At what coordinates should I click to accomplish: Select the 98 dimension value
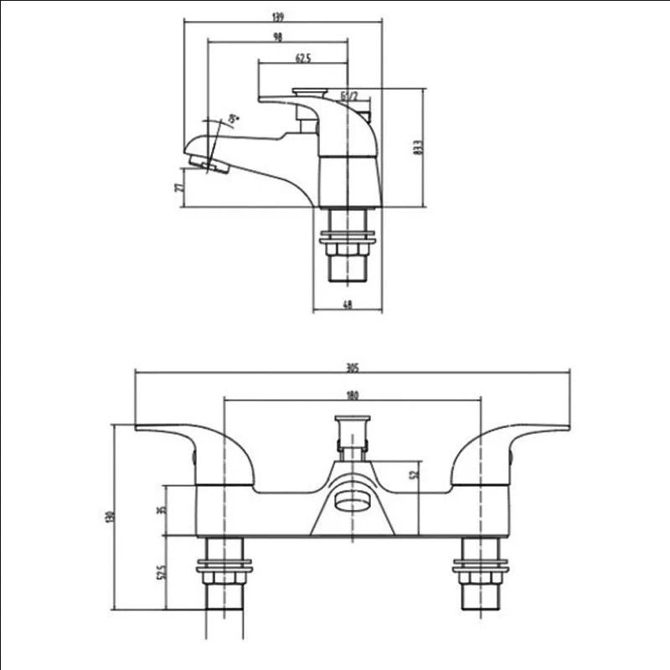277,36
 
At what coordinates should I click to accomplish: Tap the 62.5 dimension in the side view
303,58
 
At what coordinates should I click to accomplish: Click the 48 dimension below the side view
347,305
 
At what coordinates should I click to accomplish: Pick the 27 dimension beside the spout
178,186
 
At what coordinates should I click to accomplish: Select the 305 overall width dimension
352,367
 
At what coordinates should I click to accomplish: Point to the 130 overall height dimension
109,517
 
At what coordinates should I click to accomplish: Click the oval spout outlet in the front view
352,502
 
